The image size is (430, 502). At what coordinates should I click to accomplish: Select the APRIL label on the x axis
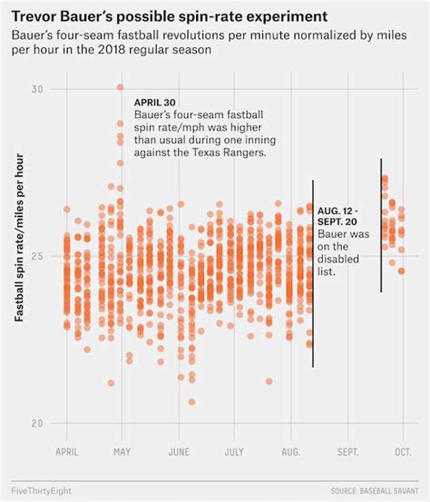66,450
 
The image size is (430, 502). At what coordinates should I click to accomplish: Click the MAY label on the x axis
122,450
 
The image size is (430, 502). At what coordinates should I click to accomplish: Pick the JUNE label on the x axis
179,450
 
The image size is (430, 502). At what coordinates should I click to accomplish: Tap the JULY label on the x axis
234,450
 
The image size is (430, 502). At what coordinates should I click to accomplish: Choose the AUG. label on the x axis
291,450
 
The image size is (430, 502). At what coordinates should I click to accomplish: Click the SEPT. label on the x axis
347,450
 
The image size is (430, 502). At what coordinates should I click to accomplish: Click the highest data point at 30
120,88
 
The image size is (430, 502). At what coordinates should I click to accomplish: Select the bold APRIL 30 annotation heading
154,103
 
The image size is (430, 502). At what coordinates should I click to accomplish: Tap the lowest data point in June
191,401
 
